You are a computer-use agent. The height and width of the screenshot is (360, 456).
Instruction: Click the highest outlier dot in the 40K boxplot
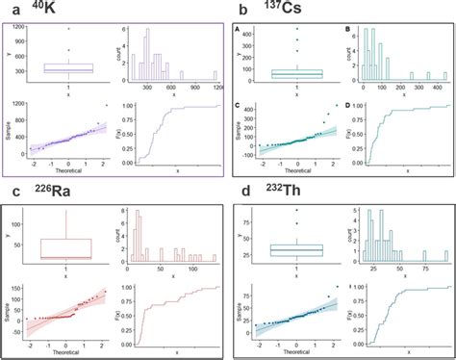coord(68,29)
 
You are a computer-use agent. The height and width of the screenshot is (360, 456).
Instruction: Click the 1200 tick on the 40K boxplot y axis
coord(20,29)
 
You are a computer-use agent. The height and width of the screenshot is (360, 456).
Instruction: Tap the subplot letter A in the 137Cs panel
coord(239,30)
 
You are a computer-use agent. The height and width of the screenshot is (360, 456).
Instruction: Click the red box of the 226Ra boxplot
coord(65,249)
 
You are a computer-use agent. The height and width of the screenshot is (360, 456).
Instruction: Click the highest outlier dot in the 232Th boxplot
coord(296,210)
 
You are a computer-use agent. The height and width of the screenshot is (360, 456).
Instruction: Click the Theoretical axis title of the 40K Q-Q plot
coord(65,170)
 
